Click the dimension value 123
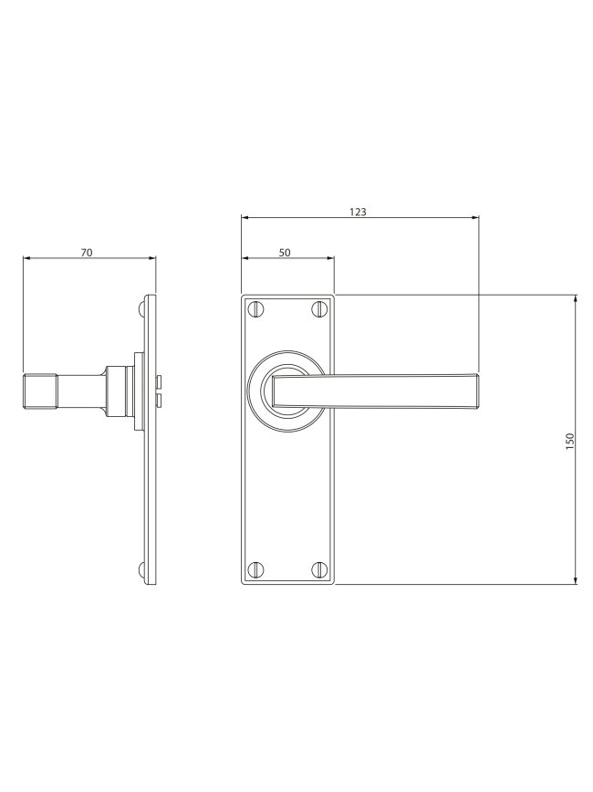(x=358, y=212)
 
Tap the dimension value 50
(x=285, y=253)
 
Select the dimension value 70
(x=87, y=253)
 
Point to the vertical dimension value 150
(x=570, y=442)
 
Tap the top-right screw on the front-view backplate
(x=318, y=308)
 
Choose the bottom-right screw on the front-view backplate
(x=318, y=569)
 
